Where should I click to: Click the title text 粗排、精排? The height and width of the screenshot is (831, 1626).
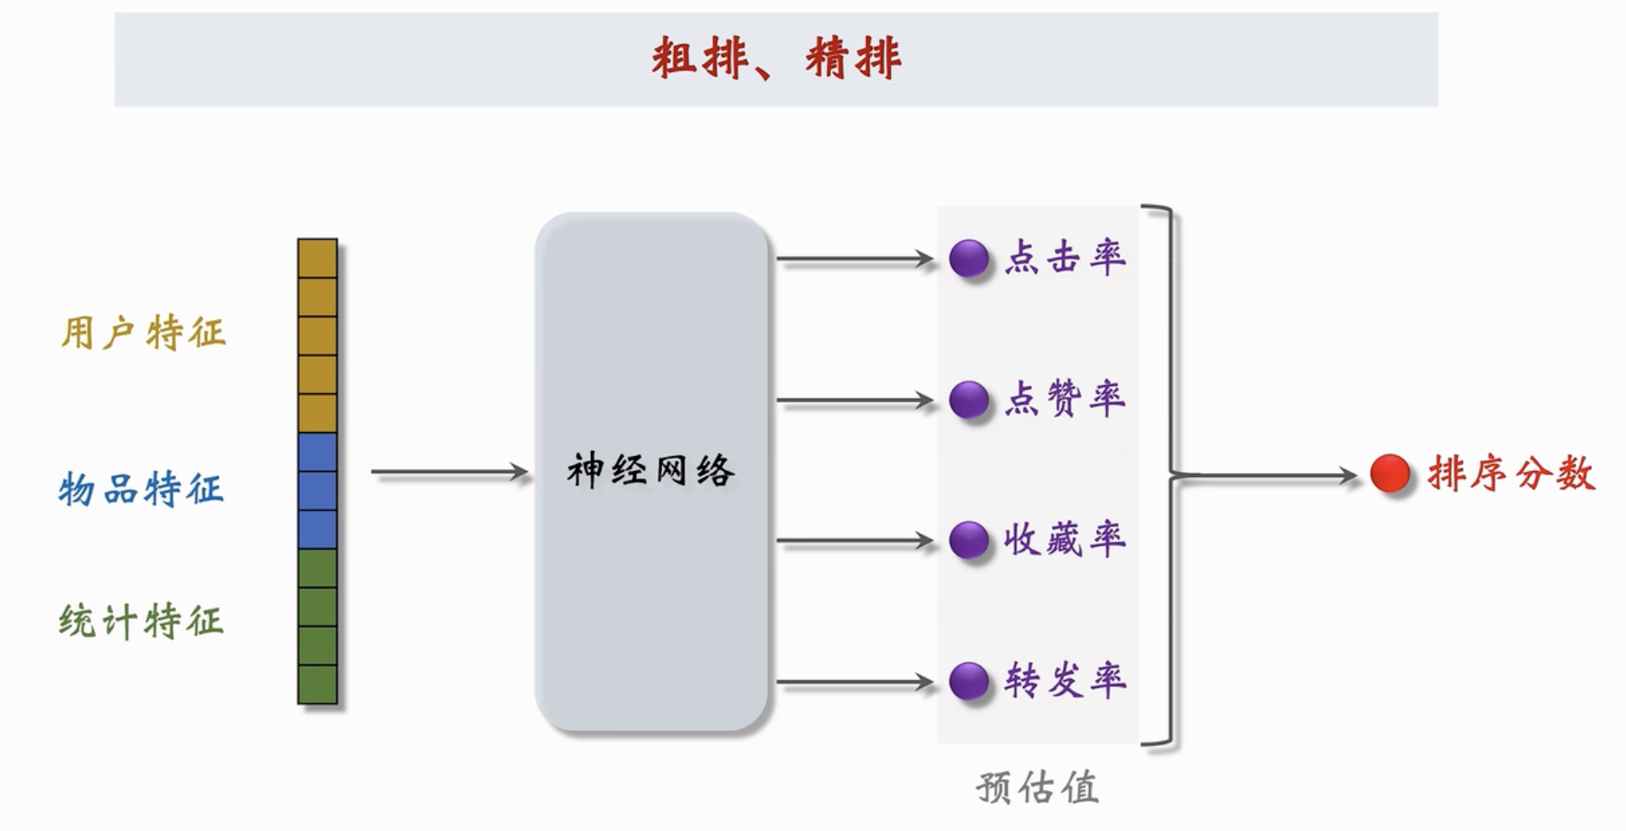tap(777, 59)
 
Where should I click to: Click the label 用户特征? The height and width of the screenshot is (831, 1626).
tap(143, 333)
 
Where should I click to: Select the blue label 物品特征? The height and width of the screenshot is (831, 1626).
tap(141, 489)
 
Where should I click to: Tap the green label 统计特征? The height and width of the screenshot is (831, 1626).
tap(141, 621)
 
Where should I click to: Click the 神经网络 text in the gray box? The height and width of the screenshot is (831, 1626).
tap(651, 471)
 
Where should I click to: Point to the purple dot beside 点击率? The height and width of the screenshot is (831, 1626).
tap(969, 258)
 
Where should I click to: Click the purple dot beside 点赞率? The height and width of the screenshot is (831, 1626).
tap(969, 400)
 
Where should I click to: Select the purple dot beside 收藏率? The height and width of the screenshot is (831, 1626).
tap(969, 540)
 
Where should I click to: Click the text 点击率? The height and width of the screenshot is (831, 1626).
tap(1065, 258)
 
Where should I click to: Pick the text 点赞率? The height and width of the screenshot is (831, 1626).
tap(1065, 399)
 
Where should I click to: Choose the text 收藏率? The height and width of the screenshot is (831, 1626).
tap(1065, 540)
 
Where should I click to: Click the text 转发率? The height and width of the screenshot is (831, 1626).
tap(1065, 681)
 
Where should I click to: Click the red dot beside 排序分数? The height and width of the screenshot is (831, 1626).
tap(1390, 474)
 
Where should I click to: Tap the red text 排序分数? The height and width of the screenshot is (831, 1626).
tap(1511, 474)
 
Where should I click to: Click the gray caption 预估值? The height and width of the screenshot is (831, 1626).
tap(1038, 788)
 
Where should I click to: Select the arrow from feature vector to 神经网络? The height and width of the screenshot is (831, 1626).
tap(450, 472)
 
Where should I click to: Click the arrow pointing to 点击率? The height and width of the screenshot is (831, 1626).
tap(855, 258)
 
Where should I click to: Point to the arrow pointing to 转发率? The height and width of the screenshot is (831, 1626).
tap(855, 683)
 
